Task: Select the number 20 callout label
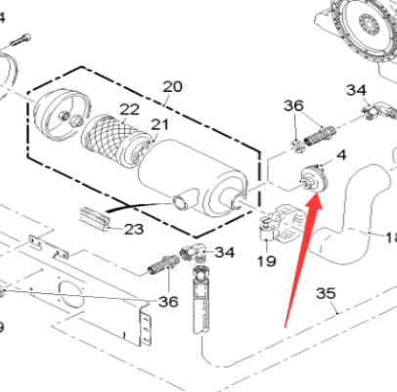(172, 87)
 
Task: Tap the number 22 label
(129, 109)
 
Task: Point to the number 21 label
(158, 125)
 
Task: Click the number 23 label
(133, 229)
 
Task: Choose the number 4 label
(340, 154)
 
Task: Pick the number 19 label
(266, 260)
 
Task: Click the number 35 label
(326, 292)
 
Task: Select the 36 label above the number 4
(294, 106)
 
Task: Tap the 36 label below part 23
(168, 302)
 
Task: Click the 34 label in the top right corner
(356, 90)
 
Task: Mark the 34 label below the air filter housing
(225, 252)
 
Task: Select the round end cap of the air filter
(60, 116)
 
